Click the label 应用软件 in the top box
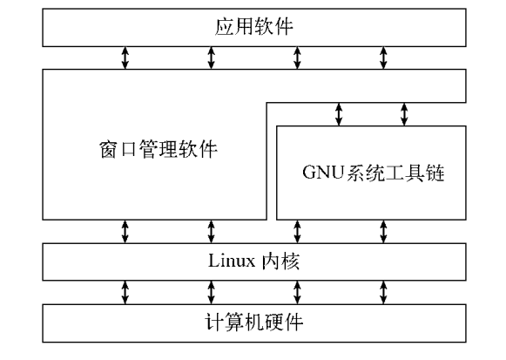[253, 27]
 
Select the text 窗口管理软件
[153, 148]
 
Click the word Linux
[232, 260]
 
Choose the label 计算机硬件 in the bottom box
[253, 321]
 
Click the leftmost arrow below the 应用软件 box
[125, 58]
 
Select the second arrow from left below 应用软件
[211, 58]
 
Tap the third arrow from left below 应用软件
[297, 58]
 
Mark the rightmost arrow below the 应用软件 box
[383, 58]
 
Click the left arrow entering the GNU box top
[340, 113]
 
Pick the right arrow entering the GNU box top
[404, 113]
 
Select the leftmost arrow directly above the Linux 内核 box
[125, 231]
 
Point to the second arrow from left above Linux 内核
[211, 231]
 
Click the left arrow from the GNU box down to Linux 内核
[297, 231]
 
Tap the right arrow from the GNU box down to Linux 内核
[383, 231]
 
